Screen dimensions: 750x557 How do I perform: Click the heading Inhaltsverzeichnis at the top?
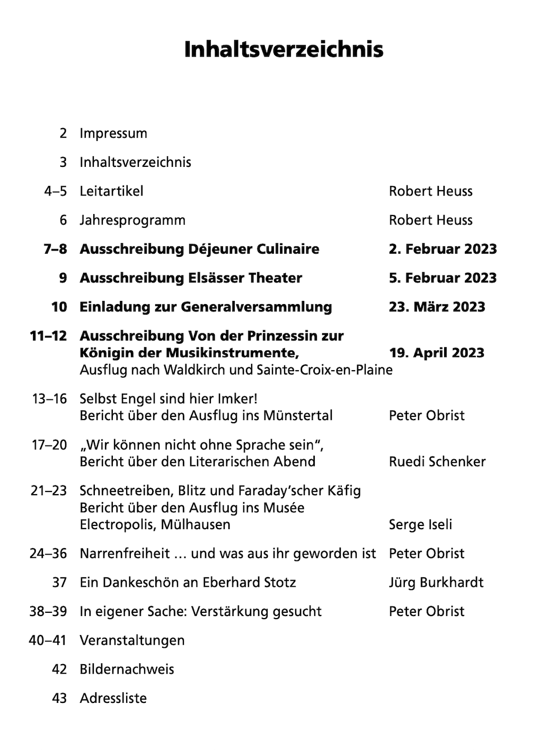pyautogui.click(x=284, y=49)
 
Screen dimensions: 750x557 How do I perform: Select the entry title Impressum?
pyautogui.click(x=113, y=133)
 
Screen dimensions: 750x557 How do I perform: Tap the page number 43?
pyautogui.click(x=59, y=698)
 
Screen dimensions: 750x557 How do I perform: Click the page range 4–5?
pyautogui.click(x=56, y=191)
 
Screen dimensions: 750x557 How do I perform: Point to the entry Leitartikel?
pyautogui.click(x=111, y=191)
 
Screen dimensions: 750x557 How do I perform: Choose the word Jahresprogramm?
pyautogui.click(x=132, y=220)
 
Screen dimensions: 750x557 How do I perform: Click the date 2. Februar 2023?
pyautogui.click(x=443, y=249)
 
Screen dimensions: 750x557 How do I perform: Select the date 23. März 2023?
pyautogui.click(x=437, y=307)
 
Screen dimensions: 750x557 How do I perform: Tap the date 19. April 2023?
pyautogui.click(x=437, y=353)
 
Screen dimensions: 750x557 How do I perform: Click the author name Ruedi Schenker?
pyautogui.click(x=437, y=462)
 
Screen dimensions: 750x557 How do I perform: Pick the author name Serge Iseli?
pyautogui.click(x=420, y=525)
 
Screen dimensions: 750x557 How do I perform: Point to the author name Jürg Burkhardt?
pyautogui.click(x=436, y=583)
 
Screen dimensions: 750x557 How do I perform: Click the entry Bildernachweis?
pyautogui.click(x=127, y=669)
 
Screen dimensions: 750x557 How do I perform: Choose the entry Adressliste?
pyautogui.click(x=113, y=698)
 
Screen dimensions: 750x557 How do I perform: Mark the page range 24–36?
pyautogui.click(x=48, y=554)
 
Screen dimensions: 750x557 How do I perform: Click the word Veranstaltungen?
pyautogui.click(x=132, y=640)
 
